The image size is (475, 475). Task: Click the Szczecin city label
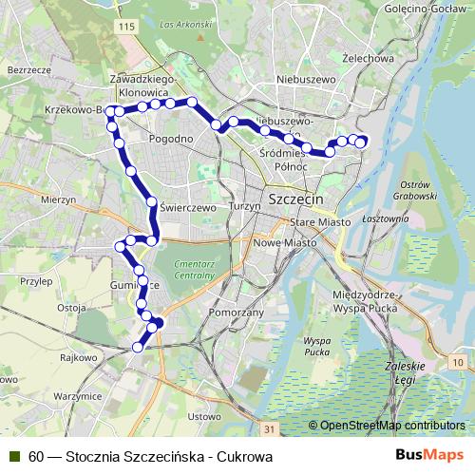point(296,201)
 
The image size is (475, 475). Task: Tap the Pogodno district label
point(172,139)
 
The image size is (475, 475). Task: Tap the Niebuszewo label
point(301,80)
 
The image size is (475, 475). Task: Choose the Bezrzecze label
point(27,70)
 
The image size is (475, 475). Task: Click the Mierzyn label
point(58,200)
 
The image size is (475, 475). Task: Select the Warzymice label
point(78,394)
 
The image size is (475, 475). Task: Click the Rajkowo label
point(79,358)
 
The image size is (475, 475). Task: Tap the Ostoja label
point(72,308)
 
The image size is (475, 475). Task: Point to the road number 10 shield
point(458,364)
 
